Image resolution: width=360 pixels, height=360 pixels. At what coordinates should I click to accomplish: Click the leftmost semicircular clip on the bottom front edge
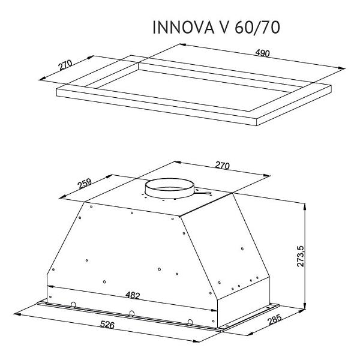pos(73,304)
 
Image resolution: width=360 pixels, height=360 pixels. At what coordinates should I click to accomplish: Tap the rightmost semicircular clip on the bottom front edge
pos(190,322)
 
